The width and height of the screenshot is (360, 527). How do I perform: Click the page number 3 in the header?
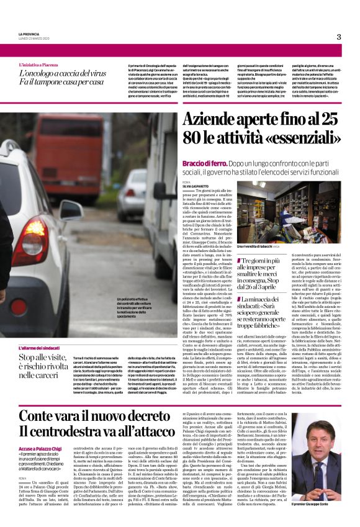click(x=339, y=37)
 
